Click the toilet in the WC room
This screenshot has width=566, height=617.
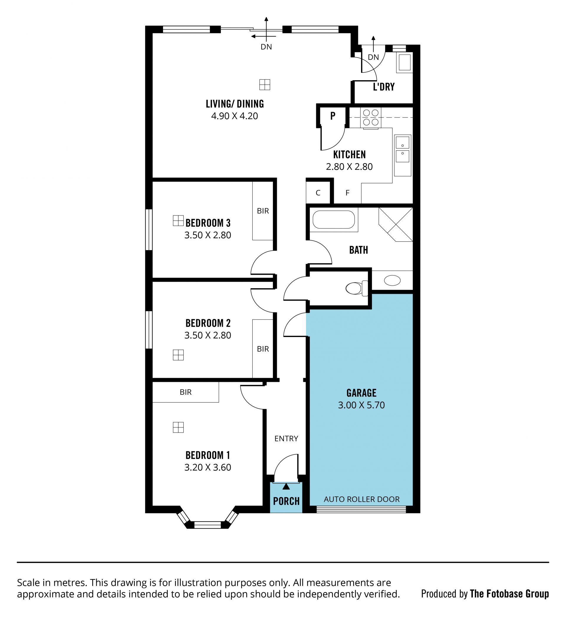[x=356, y=288]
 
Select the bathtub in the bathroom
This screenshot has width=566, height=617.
[x=333, y=219]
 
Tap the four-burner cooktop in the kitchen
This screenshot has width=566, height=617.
[x=371, y=118]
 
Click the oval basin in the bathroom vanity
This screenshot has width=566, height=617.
[x=392, y=280]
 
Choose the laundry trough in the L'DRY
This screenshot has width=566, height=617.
[x=404, y=63]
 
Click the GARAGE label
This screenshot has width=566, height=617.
[x=361, y=393]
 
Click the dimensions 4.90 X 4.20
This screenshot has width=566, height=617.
[x=235, y=116]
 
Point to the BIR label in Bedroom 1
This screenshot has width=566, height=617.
[x=186, y=392]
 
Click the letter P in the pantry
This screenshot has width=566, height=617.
[x=333, y=116]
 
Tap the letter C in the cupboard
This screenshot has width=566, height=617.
[x=318, y=193]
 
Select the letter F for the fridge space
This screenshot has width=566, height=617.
[x=347, y=193]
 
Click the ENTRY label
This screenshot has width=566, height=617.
[x=286, y=439]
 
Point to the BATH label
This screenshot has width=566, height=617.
[x=359, y=250]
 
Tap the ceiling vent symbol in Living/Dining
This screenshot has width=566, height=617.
[x=265, y=85]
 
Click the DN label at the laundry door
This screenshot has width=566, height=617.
[x=373, y=57]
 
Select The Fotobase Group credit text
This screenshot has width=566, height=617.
[x=509, y=594]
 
